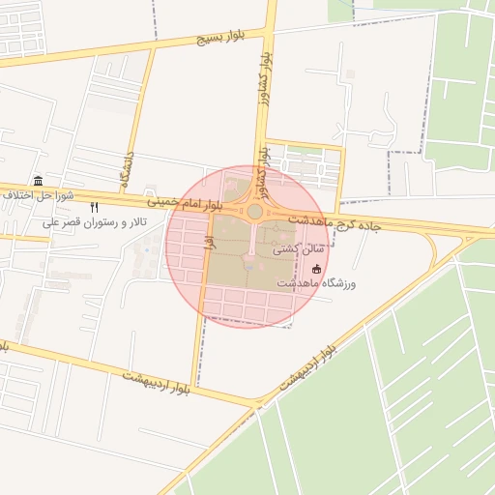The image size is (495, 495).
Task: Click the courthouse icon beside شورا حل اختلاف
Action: pyautogui.click(x=38, y=181)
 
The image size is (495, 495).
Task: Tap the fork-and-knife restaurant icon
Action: pyautogui.click(x=94, y=207)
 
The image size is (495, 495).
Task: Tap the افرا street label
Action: pyautogui.click(x=208, y=239)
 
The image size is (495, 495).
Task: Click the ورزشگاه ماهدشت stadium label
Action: pyautogui.click(x=317, y=283)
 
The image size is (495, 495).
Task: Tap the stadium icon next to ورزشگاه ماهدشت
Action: pyautogui.click(x=317, y=269)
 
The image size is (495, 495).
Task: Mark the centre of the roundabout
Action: pyautogui.click(x=255, y=211)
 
